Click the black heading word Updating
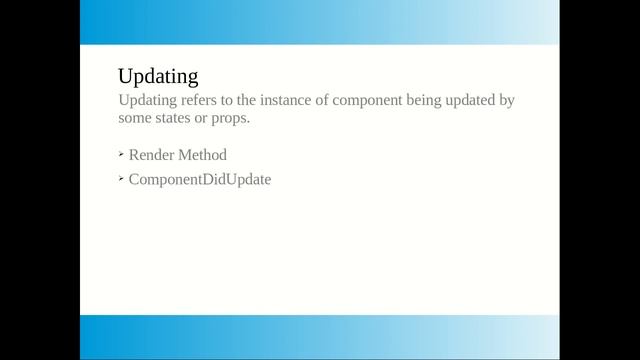click(158, 76)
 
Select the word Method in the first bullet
click(204, 155)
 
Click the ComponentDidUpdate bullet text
click(200, 180)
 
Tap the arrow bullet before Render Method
click(121, 154)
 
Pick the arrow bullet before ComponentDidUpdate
click(121, 179)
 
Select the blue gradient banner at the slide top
click(319, 22)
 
